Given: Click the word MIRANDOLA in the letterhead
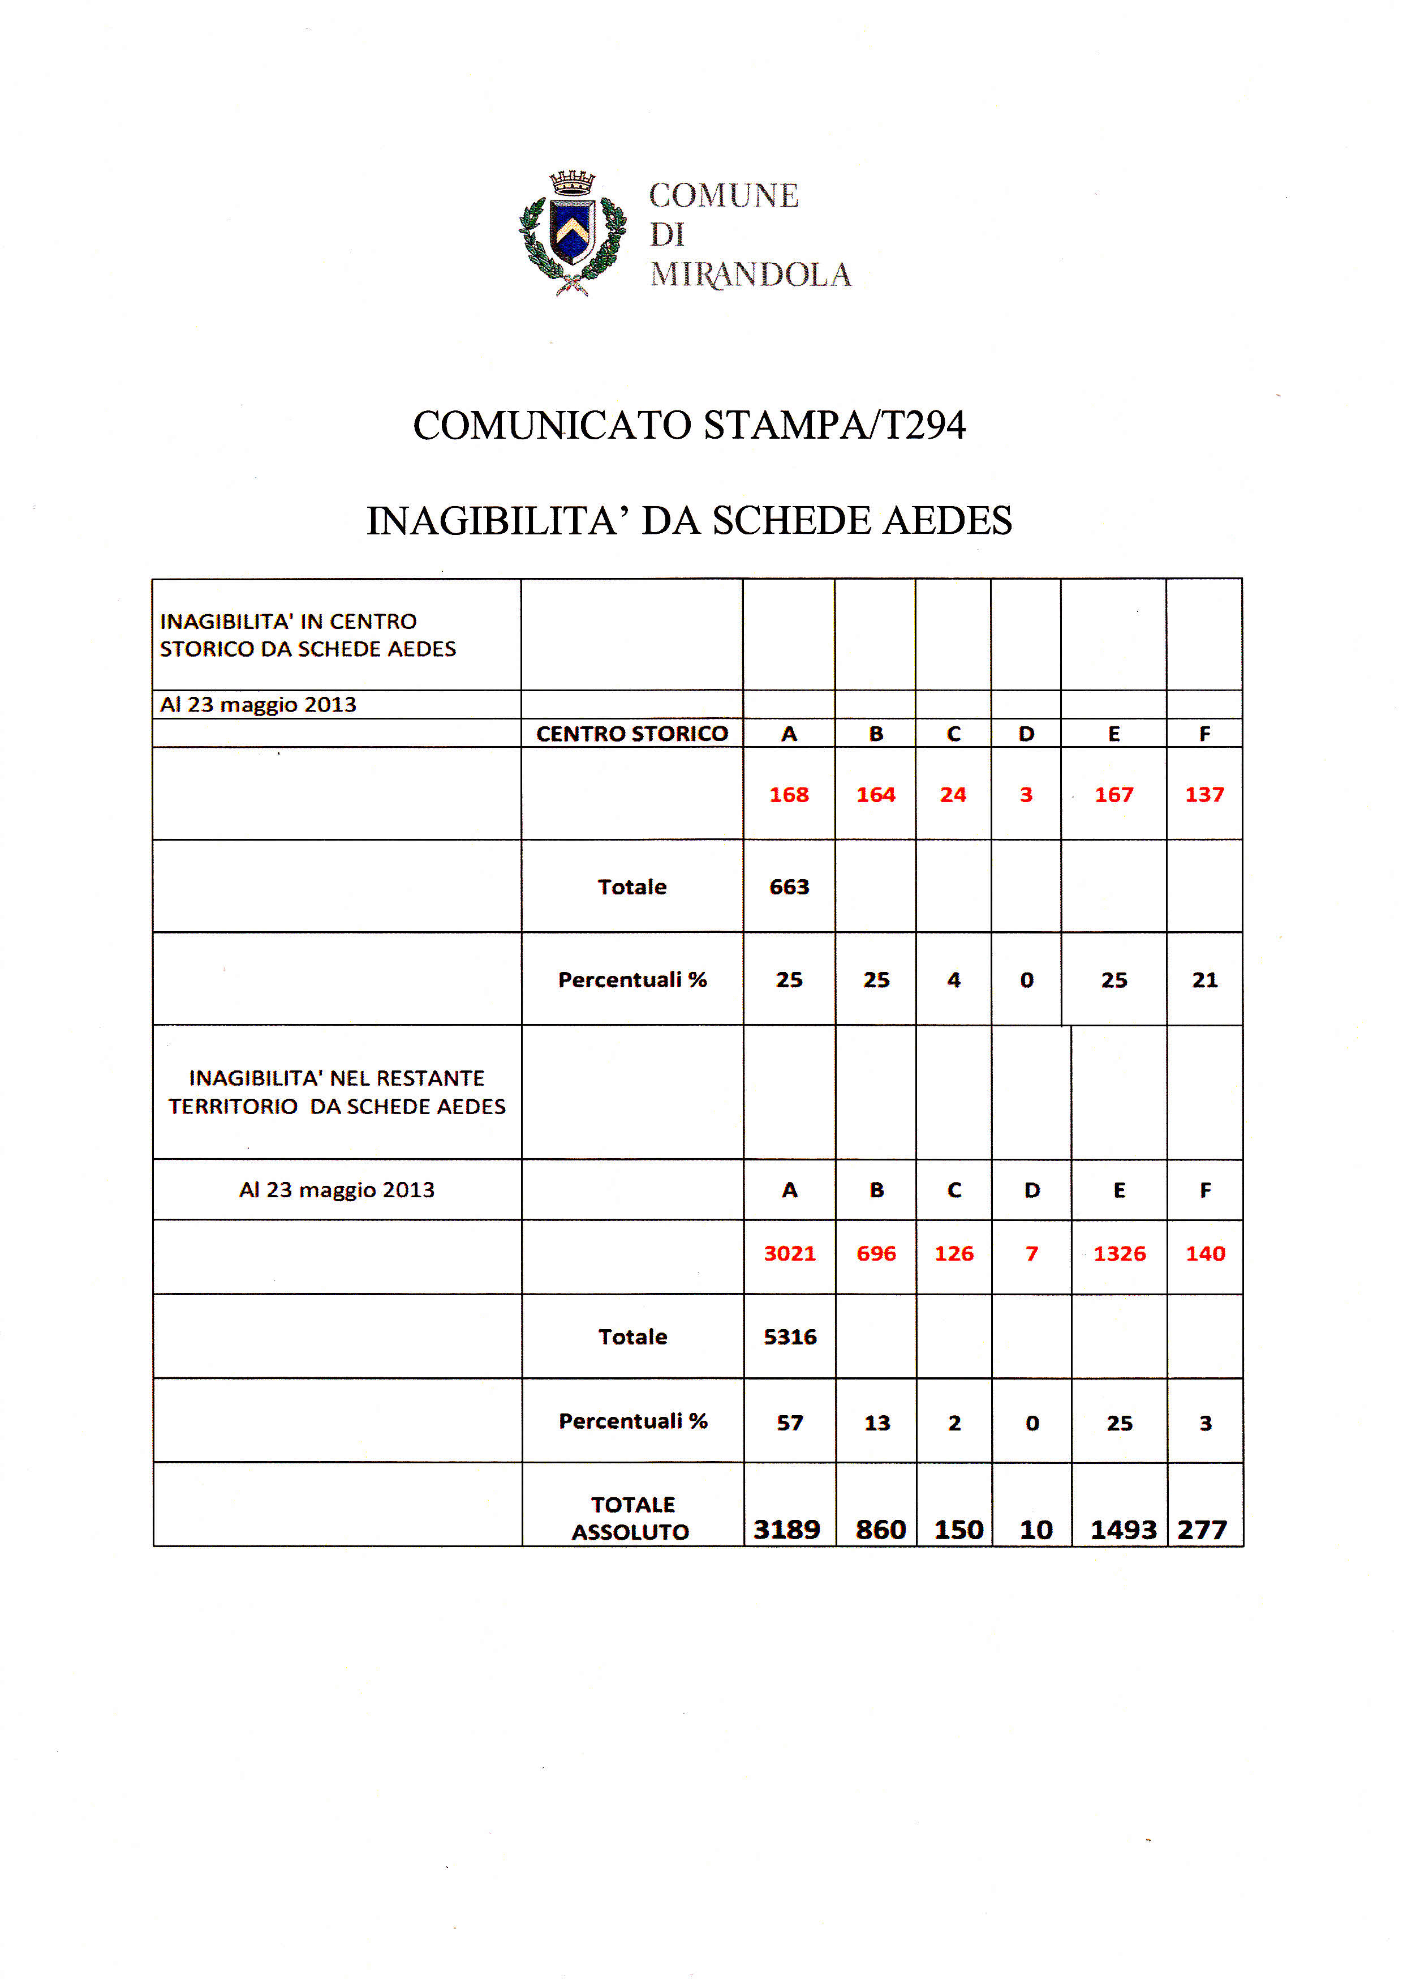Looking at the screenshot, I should click(x=750, y=275).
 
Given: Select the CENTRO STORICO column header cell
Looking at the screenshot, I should click(x=631, y=734).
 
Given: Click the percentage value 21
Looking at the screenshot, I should click(x=1204, y=980).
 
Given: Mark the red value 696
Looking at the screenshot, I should click(x=876, y=1253).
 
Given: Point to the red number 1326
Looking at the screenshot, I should click(x=1120, y=1253).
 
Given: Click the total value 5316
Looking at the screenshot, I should click(x=790, y=1337).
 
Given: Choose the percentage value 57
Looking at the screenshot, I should click(x=790, y=1423).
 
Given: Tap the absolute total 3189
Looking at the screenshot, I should click(x=786, y=1530).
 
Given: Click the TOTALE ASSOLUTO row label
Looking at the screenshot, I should click(x=631, y=1518).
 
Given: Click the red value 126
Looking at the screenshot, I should click(x=954, y=1253).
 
